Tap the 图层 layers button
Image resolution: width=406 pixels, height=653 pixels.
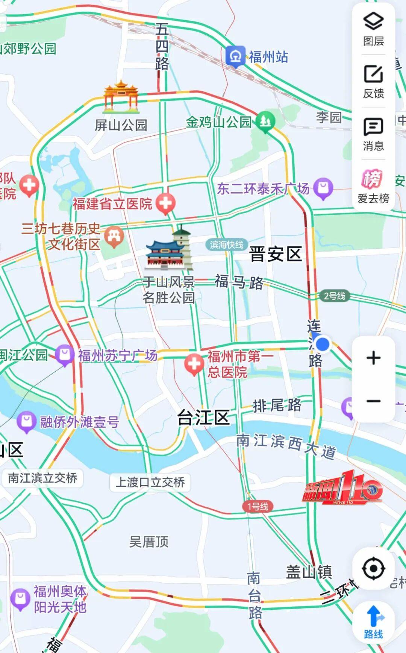pyautogui.click(x=373, y=29)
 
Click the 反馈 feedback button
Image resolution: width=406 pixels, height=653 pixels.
pyautogui.click(x=373, y=81)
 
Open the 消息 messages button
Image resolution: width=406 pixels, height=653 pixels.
pyautogui.click(x=373, y=134)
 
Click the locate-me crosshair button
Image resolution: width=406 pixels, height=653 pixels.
pyautogui.click(x=373, y=568)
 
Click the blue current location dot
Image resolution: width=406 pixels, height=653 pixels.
pyautogui.click(x=322, y=344)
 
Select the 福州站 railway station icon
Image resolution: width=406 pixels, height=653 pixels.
pyautogui.click(x=236, y=56)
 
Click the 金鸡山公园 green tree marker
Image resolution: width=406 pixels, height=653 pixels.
pyautogui.click(x=265, y=121)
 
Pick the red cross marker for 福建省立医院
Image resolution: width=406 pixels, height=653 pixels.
pyautogui.click(x=166, y=203)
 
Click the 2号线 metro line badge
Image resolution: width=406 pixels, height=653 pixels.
pyautogui.click(x=335, y=296)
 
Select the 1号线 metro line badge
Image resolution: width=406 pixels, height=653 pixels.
pyautogui.click(x=258, y=506)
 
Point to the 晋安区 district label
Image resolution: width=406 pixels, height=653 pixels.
pyautogui.click(x=276, y=254)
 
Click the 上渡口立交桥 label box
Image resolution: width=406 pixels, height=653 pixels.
pyautogui.click(x=150, y=482)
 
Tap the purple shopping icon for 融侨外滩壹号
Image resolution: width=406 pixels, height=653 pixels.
pyautogui.click(x=26, y=421)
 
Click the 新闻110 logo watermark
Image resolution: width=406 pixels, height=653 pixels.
pyautogui.click(x=342, y=488)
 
